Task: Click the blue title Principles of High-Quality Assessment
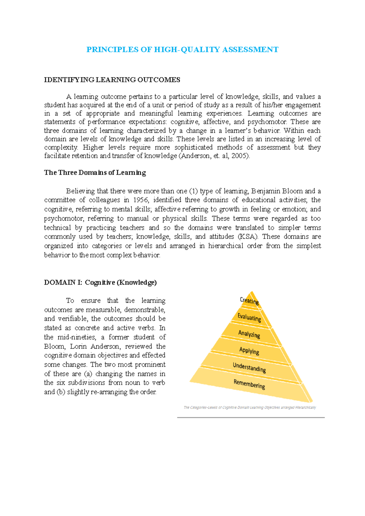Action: tap(182, 50)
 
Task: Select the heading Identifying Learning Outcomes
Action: tap(112, 80)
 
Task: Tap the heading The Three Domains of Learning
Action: tap(95, 173)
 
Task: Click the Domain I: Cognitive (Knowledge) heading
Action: tap(100, 282)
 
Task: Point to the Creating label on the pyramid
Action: tap(249, 301)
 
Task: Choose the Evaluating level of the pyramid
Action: tap(249, 317)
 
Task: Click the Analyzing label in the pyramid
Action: tap(249, 334)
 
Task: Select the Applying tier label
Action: tap(249, 351)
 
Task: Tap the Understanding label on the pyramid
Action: tap(249, 367)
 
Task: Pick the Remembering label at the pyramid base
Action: tap(249, 384)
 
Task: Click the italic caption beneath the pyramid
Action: tap(250, 408)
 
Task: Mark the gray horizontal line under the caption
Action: tap(251, 418)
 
